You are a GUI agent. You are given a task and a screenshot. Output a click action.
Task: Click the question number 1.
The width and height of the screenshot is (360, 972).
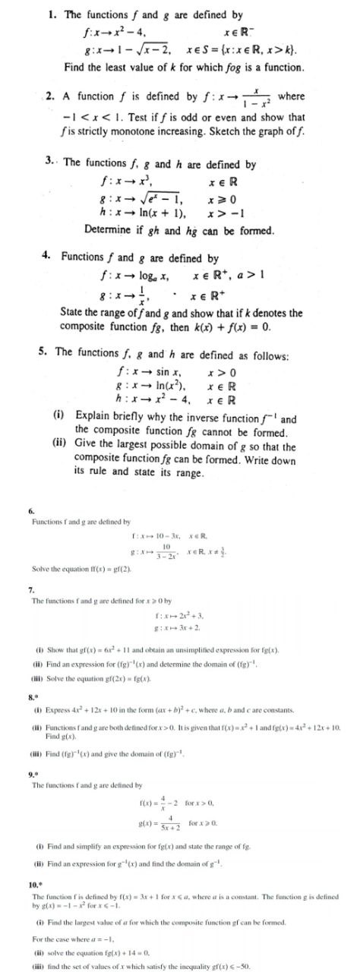point(52,14)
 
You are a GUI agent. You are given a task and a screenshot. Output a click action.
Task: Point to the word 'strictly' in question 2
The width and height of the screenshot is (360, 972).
point(89,132)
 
